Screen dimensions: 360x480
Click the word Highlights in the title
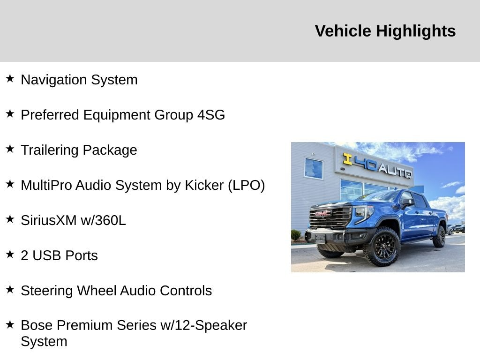pos(415,31)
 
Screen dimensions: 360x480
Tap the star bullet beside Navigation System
pos(10,78)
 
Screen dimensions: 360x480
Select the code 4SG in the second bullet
pos(211,115)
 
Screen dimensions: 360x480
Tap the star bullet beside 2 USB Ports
pos(10,254)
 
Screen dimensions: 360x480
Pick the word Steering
pos(47,291)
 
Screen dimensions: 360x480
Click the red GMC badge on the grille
pos(323,214)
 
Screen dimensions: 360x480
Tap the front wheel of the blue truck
pos(382,246)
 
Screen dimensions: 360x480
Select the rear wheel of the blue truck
pos(439,236)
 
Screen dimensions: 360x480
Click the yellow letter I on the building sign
pos(347,159)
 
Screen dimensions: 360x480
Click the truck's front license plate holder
pos(321,238)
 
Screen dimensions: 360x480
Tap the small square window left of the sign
pos(314,168)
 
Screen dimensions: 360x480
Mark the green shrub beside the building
pos(296,235)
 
